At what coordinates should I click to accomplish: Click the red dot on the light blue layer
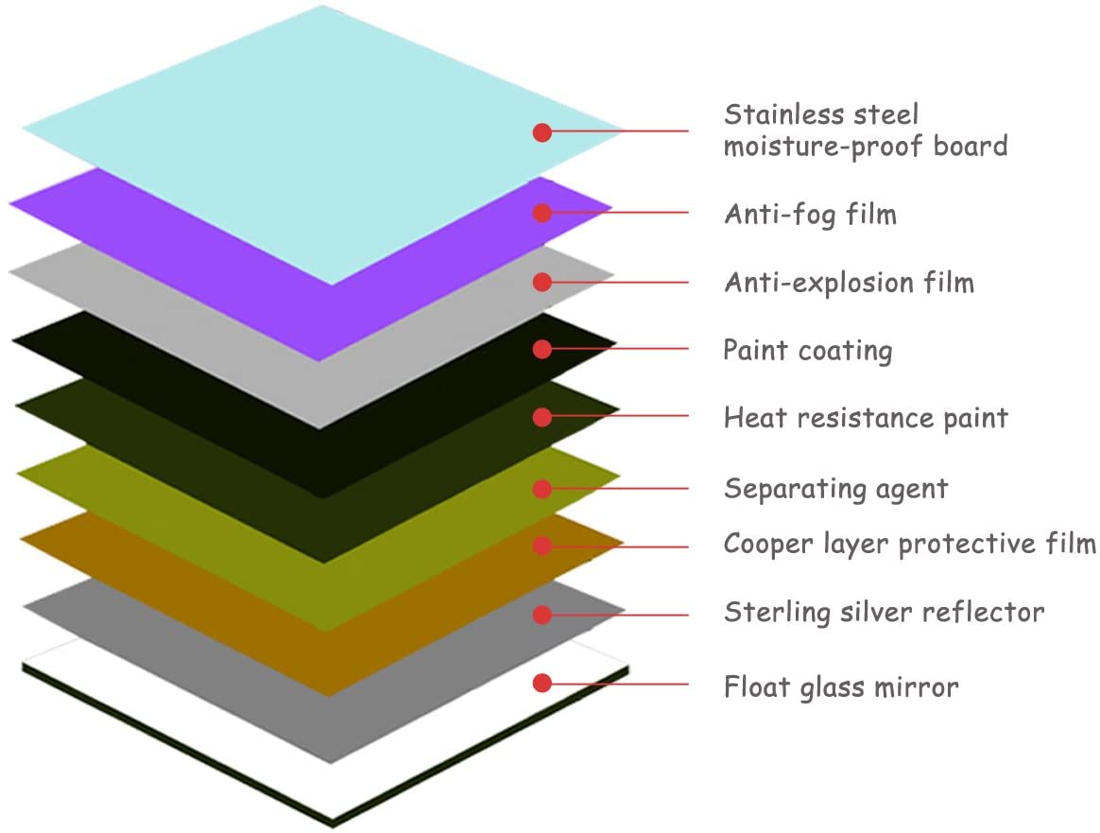pyautogui.click(x=541, y=132)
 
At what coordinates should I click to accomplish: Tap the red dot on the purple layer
pyautogui.click(x=541, y=213)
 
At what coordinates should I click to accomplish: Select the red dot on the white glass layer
pyautogui.click(x=541, y=683)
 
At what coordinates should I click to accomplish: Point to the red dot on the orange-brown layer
pyautogui.click(x=541, y=546)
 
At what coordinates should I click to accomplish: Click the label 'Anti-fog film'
pyautogui.click(x=810, y=215)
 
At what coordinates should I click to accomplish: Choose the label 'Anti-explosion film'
pyautogui.click(x=849, y=283)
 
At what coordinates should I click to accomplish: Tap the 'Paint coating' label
pyautogui.click(x=807, y=351)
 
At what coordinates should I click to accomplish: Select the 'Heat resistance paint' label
pyautogui.click(x=866, y=418)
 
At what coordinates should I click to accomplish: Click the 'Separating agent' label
pyautogui.click(x=835, y=489)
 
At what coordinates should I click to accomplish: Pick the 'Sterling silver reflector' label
pyautogui.click(x=884, y=613)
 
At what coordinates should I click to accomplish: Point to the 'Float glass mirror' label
pyautogui.click(x=841, y=685)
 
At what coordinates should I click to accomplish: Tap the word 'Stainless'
pyautogui.click(x=776, y=114)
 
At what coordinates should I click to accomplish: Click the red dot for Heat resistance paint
pyautogui.click(x=541, y=417)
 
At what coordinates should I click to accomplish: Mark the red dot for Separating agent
pyautogui.click(x=541, y=489)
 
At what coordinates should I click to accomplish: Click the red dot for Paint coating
pyautogui.click(x=541, y=349)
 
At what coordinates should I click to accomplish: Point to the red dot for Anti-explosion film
pyautogui.click(x=541, y=282)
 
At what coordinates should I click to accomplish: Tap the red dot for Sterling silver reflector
pyautogui.click(x=541, y=615)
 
